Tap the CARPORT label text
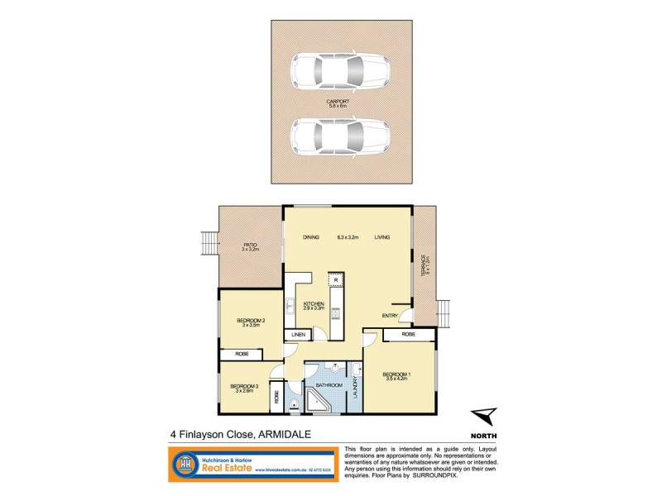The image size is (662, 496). tap(338, 103)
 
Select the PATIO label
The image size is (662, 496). tap(250, 246)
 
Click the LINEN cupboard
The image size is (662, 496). tap(298, 335)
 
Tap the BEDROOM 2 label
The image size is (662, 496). tap(250, 322)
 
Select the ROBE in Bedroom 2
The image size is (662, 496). tap(242, 354)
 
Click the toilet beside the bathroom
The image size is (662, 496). tap(296, 404)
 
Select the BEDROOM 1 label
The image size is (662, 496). tap(396, 376)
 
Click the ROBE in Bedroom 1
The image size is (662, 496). tap(407, 335)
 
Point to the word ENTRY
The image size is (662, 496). tap(390, 316)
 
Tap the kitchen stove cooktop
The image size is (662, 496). tap(335, 312)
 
